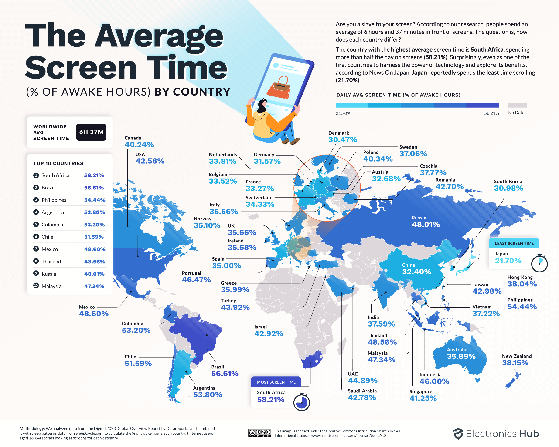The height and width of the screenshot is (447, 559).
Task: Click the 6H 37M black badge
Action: tap(91, 132)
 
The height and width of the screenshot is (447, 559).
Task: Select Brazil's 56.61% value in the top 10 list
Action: tap(94, 188)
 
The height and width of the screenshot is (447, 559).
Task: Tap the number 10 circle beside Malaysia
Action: tap(36, 285)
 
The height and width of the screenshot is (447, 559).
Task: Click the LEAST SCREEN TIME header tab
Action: tap(514, 243)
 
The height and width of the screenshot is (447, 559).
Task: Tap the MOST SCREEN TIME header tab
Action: tap(276, 382)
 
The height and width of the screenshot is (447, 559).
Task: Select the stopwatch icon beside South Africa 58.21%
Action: tap(302, 402)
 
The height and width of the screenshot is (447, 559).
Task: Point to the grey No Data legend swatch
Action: tap(517, 105)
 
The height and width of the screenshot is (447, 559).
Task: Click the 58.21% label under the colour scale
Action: tap(491, 113)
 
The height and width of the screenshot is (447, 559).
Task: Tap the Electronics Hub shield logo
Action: tap(458, 434)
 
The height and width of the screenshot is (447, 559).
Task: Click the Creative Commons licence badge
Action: tap(260, 433)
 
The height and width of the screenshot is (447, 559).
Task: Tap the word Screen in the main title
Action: tap(80, 68)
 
